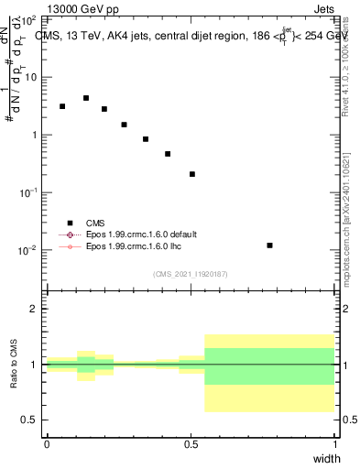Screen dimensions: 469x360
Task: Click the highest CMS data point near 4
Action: (86, 98)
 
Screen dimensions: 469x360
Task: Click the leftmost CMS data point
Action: (62, 106)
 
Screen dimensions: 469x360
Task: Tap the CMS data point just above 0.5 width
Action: (192, 174)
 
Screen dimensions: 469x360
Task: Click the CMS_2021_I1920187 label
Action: (190, 274)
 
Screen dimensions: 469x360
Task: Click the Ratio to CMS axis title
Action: (15, 365)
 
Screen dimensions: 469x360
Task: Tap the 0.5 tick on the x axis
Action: (191, 443)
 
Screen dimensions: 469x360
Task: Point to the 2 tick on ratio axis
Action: (34, 309)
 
